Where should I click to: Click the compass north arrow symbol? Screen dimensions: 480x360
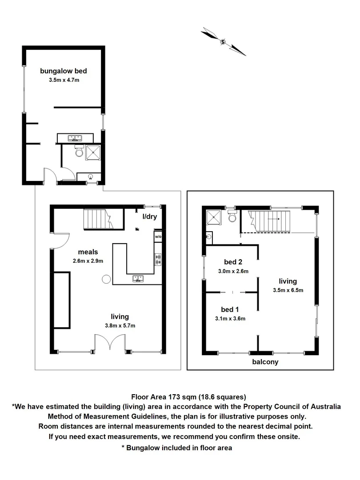224,42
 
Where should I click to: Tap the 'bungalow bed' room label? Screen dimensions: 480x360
63,71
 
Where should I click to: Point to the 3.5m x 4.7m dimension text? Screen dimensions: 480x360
63,80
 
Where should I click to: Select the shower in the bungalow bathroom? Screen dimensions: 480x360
93,152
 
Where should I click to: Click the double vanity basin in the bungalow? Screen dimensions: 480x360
75,138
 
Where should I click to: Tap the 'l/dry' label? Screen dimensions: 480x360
149,217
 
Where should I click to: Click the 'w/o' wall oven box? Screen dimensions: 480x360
158,237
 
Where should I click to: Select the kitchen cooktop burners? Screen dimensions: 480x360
158,259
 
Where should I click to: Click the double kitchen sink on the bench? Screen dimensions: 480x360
138,279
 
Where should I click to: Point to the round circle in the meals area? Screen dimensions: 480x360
106,279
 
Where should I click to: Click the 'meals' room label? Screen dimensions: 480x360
88,252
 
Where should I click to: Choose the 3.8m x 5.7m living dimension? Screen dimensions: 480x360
120,326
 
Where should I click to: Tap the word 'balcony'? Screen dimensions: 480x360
265,362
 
